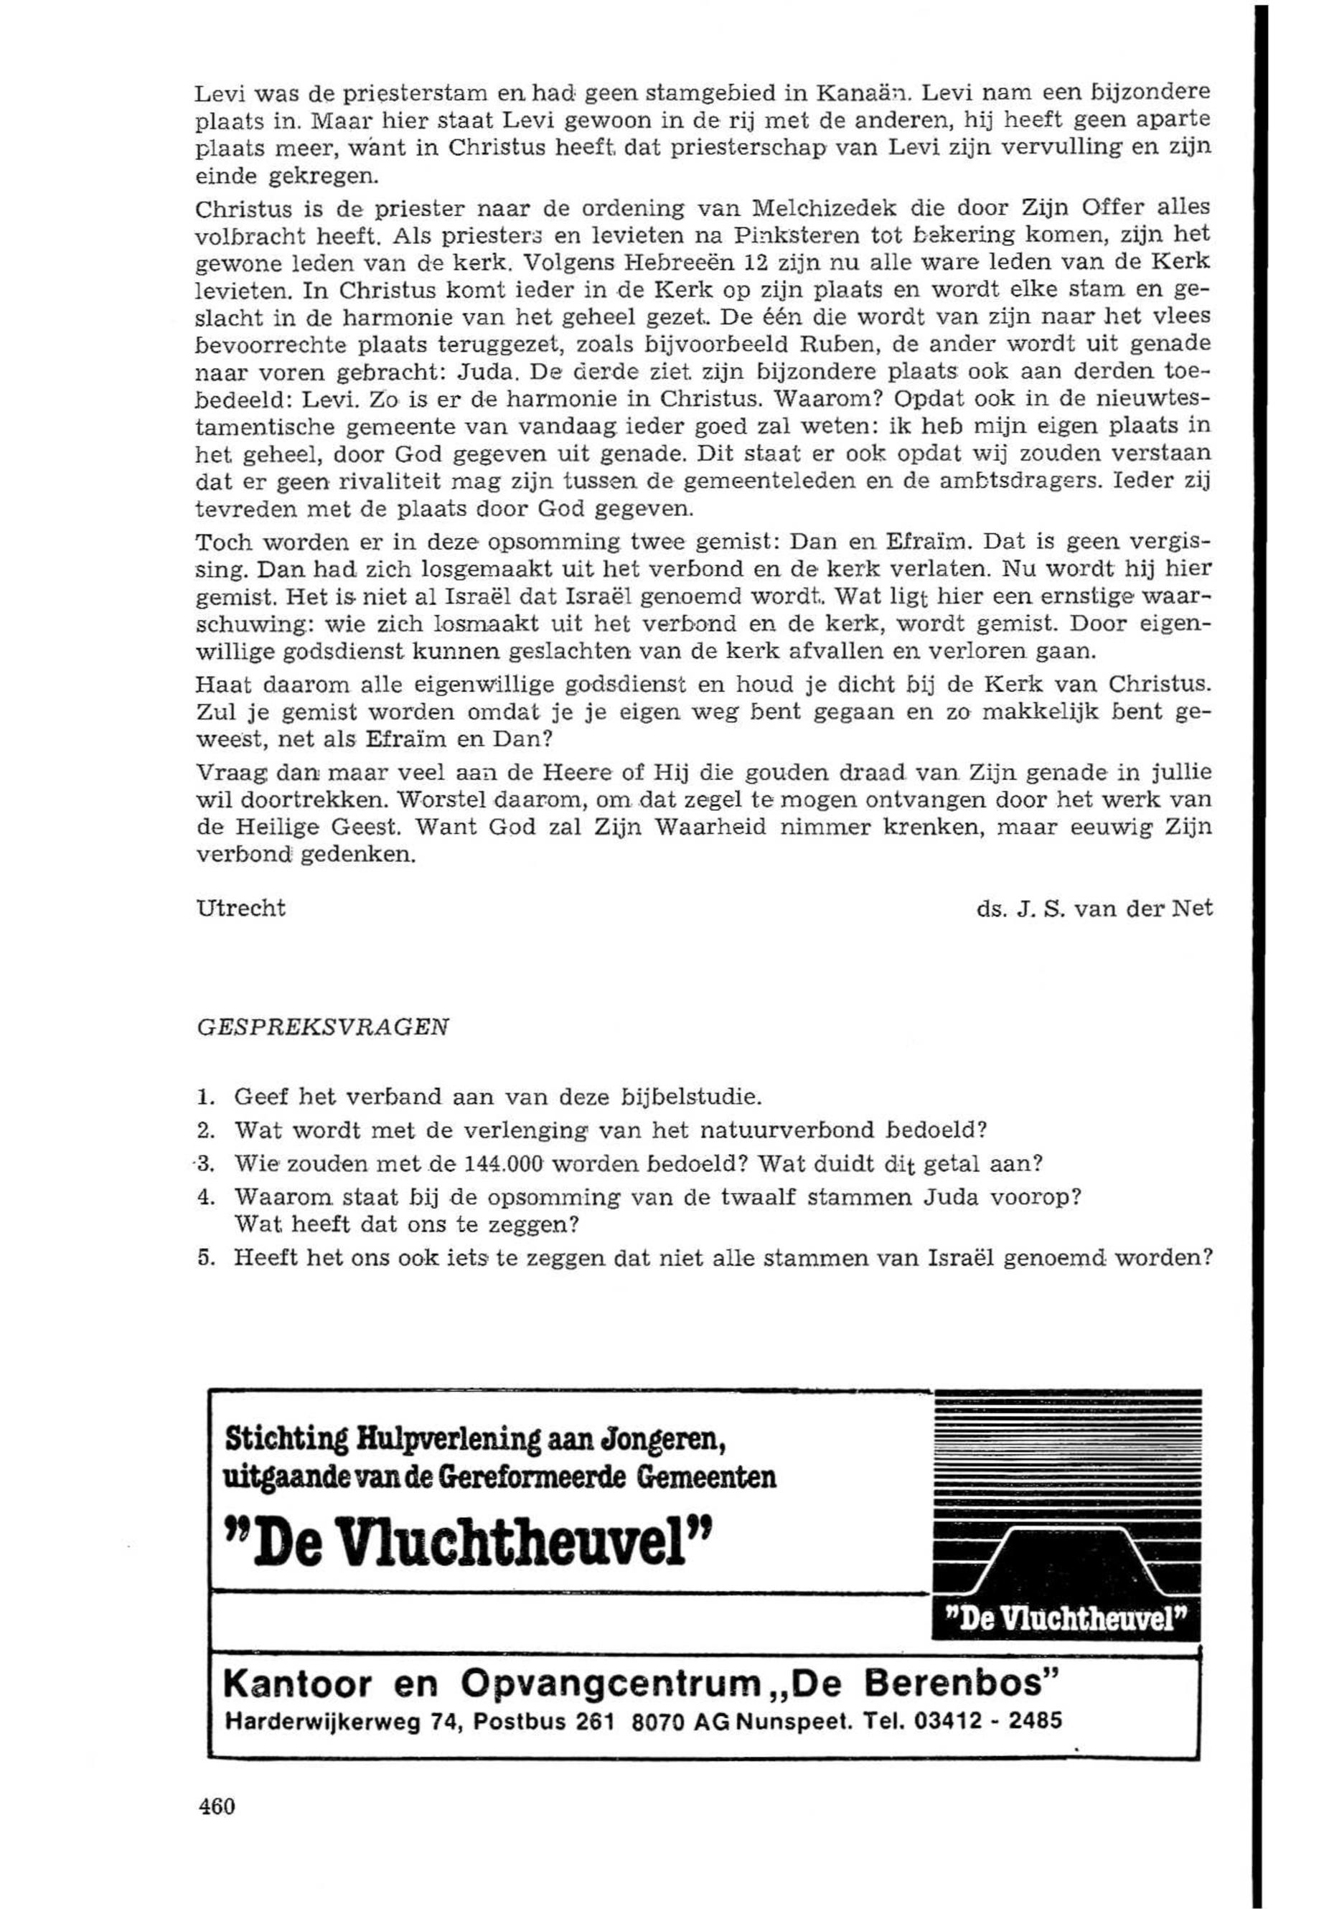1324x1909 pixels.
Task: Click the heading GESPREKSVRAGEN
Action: point(323,1027)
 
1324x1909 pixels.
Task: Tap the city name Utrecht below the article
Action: point(240,909)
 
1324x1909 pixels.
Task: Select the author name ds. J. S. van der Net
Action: point(1094,909)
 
